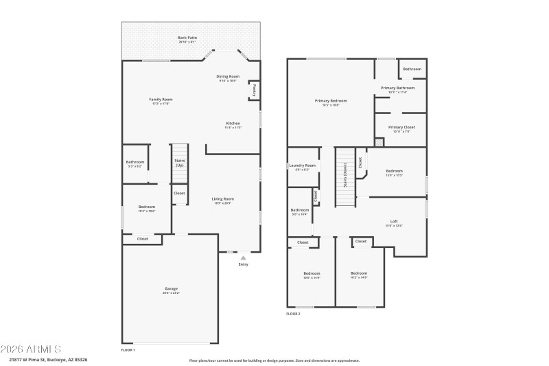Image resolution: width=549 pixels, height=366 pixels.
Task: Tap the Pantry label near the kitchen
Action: tap(255, 89)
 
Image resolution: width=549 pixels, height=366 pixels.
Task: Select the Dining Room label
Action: tap(228, 76)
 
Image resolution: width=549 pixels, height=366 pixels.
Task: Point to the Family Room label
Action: tap(159, 100)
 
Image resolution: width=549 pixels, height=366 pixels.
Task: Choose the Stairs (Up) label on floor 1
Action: tap(180, 163)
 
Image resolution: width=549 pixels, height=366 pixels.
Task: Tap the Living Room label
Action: tap(222, 199)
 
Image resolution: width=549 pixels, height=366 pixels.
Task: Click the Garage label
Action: tap(171, 288)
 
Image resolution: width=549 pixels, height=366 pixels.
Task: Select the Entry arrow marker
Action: tap(243, 258)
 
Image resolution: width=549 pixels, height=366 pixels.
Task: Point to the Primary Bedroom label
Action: tap(331, 101)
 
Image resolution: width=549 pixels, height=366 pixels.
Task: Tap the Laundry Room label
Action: tap(302, 165)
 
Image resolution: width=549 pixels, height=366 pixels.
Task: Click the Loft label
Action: tap(393, 221)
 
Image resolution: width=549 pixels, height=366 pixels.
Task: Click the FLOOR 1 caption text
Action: tap(128, 350)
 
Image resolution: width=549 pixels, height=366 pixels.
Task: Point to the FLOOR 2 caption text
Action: tap(293, 313)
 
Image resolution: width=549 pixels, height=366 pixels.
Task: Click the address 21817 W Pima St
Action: tap(48, 360)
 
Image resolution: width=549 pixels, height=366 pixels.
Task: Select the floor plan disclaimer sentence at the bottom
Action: tap(274, 360)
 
